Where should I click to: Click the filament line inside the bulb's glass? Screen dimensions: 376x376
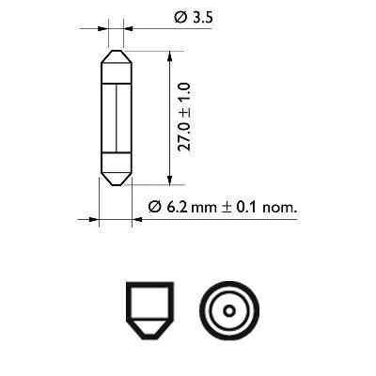pos(114,117)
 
